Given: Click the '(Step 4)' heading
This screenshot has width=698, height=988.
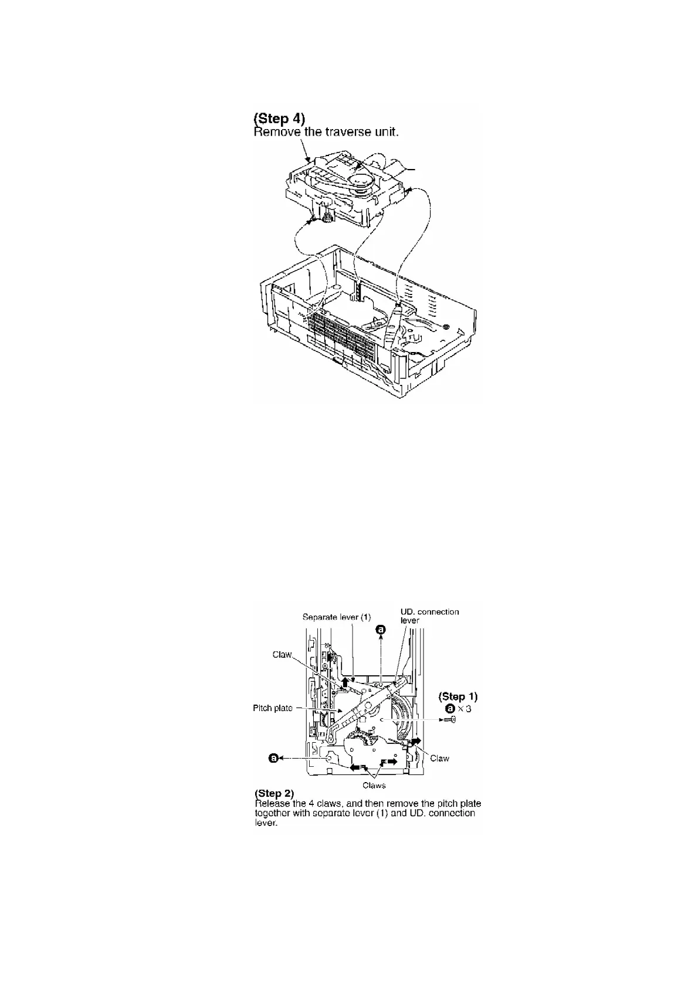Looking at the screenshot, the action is (279, 120).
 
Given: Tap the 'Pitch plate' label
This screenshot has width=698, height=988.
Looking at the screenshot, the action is (273, 708).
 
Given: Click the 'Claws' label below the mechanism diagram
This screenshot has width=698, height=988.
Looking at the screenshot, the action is (374, 785).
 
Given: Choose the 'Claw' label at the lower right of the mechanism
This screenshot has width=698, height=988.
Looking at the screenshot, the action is (439, 759).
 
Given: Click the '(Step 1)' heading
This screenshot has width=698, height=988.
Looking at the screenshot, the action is (458, 697).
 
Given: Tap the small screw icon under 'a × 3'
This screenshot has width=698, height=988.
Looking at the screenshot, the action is (450, 720).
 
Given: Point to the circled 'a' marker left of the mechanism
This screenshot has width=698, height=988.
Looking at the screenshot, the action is (273, 758).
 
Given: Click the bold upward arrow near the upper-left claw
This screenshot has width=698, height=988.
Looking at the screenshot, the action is (345, 682).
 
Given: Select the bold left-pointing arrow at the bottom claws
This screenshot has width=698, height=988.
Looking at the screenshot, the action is (354, 766).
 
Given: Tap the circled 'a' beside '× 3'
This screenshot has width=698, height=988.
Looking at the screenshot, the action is (449, 709).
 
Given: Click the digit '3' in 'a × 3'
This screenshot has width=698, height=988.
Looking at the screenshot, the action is (468, 709).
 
